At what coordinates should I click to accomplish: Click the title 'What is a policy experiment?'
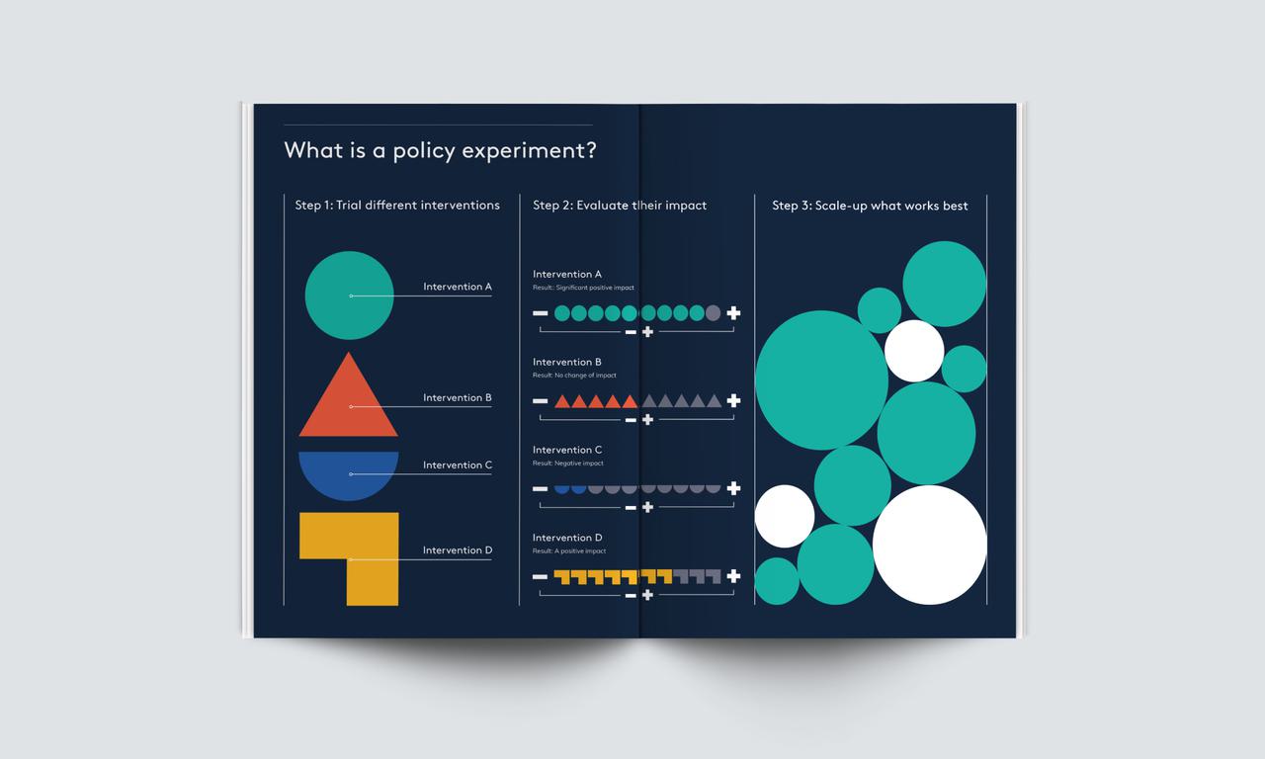click(439, 151)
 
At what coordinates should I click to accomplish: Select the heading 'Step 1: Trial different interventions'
click(397, 206)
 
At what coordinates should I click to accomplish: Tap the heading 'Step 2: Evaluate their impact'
click(620, 206)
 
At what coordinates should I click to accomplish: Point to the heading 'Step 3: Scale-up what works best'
click(870, 206)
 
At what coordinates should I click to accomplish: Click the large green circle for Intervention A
click(349, 295)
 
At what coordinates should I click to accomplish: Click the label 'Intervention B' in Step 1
click(457, 398)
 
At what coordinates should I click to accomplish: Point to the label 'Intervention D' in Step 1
click(457, 550)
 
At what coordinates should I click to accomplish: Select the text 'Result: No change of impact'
click(574, 376)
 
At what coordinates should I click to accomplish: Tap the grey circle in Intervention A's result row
click(714, 313)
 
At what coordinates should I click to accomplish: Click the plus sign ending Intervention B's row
click(733, 400)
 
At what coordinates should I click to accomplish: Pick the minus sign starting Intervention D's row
click(540, 576)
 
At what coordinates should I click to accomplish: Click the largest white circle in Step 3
click(930, 545)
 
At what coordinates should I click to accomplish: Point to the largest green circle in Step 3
click(822, 379)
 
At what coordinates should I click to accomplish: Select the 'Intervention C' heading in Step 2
click(567, 450)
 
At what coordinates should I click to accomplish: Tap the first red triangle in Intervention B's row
click(562, 401)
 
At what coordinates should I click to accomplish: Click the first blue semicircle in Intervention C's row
click(562, 488)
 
